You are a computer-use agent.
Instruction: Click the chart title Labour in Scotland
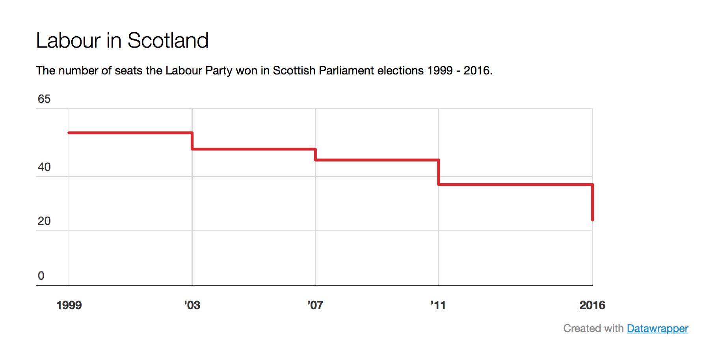tap(122, 40)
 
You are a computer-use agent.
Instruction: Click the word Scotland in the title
tap(168, 40)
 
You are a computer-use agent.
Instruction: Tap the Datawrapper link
tap(657, 328)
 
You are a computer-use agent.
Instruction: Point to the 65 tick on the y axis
tap(44, 99)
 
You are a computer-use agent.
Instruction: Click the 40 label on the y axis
tap(44, 167)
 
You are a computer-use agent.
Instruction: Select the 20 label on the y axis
tap(44, 221)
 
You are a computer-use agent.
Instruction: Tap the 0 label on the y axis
tap(41, 276)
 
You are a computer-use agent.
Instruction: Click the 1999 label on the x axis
tap(69, 305)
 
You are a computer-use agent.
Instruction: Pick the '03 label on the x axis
tap(192, 305)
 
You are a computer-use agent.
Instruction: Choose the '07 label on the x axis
tap(315, 305)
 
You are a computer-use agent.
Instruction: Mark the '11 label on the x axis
tap(438, 305)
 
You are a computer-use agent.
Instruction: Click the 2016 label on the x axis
tap(592, 305)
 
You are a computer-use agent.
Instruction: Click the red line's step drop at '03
tap(192, 141)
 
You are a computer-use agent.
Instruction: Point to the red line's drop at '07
tap(315, 154)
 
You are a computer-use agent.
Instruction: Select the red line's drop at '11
tap(439, 172)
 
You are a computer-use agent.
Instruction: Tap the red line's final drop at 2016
tap(592, 202)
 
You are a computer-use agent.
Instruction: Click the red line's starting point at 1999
tap(69, 133)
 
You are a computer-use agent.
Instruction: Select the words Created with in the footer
tap(594, 328)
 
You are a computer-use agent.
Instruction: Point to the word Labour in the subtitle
tap(184, 71)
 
